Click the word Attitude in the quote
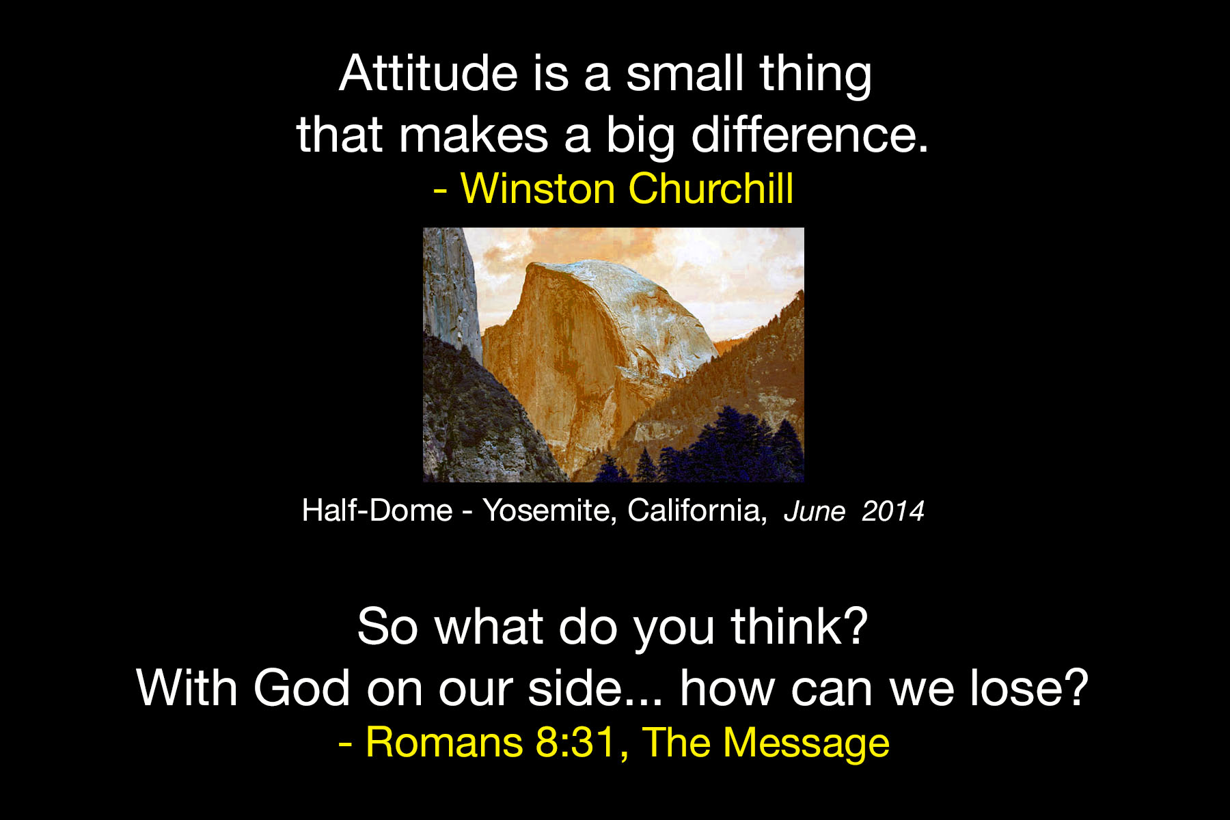pyautogui.click(x=428, y=72)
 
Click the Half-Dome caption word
pyautogui.click(x=377, y=510)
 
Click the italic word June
pyautogui.click(x=815, y=511)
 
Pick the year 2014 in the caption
pyautogui.click(x=893, y=511)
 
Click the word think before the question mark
pyautogui.click(x=785, y=626)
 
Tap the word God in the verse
pyautogui.click(x=302, y=687)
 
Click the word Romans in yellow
pyautogui.click(x=444, y=742)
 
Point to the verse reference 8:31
pyautogui.click(x=577, y=742)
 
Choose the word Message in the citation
pyautogui.click(x=806, y=743)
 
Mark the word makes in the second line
pyautogui.click(x=474, y=134)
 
